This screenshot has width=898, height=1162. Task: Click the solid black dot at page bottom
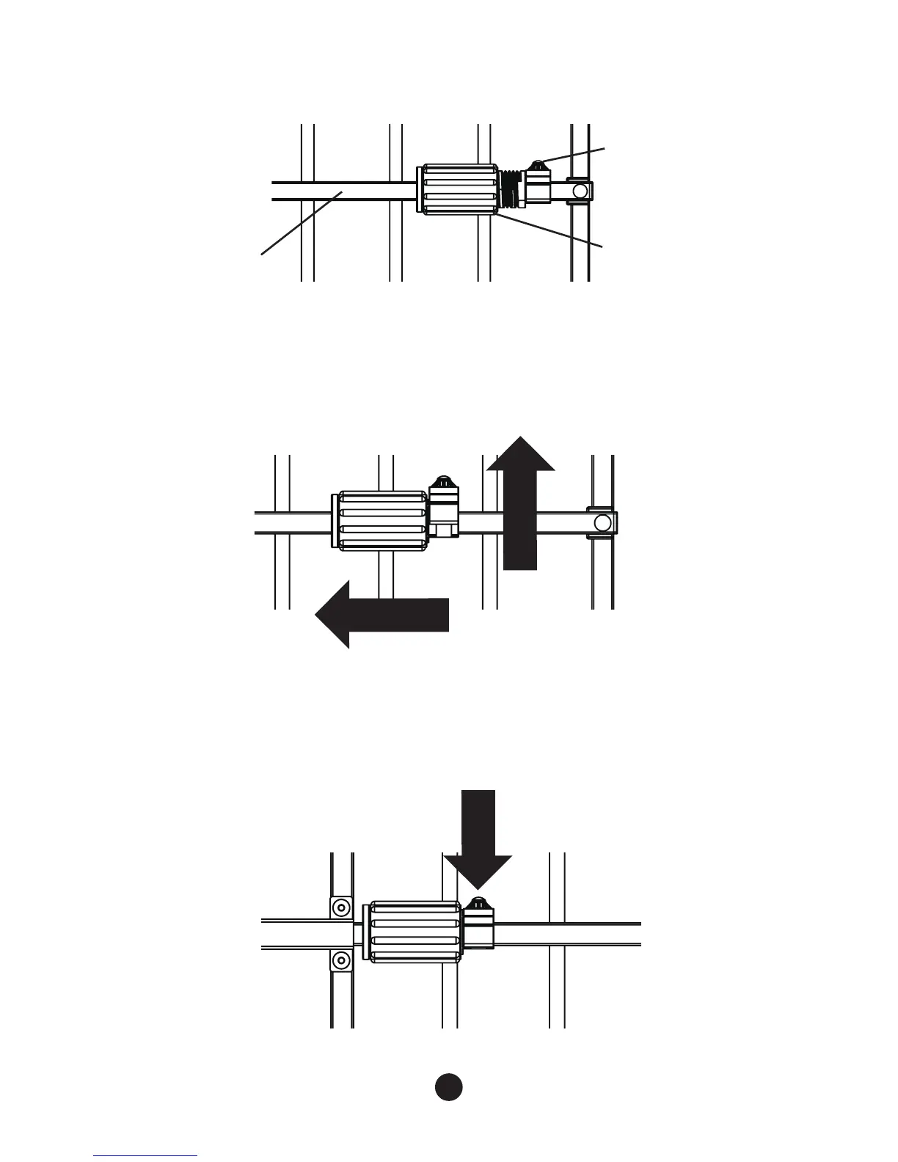coord(448,1086)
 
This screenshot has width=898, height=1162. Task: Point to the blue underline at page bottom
coord(145,1155)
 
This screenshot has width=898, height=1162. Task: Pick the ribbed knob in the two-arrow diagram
coord(381,521)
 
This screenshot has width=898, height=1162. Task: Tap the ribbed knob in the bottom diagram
coord(415,932)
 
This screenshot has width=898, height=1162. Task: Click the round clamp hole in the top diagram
coord(580,191)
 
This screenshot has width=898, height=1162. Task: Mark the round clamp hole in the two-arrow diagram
coord(603,522)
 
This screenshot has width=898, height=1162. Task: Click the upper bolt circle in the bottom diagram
coord(340,907)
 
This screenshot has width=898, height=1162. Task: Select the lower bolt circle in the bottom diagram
coord(340,959)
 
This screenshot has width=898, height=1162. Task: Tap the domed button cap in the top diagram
coord(538,165)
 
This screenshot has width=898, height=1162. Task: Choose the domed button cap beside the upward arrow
coord(442,482)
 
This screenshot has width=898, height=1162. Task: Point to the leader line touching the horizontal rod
coord(301,223)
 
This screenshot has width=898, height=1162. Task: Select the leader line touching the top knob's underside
coord(550,230)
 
